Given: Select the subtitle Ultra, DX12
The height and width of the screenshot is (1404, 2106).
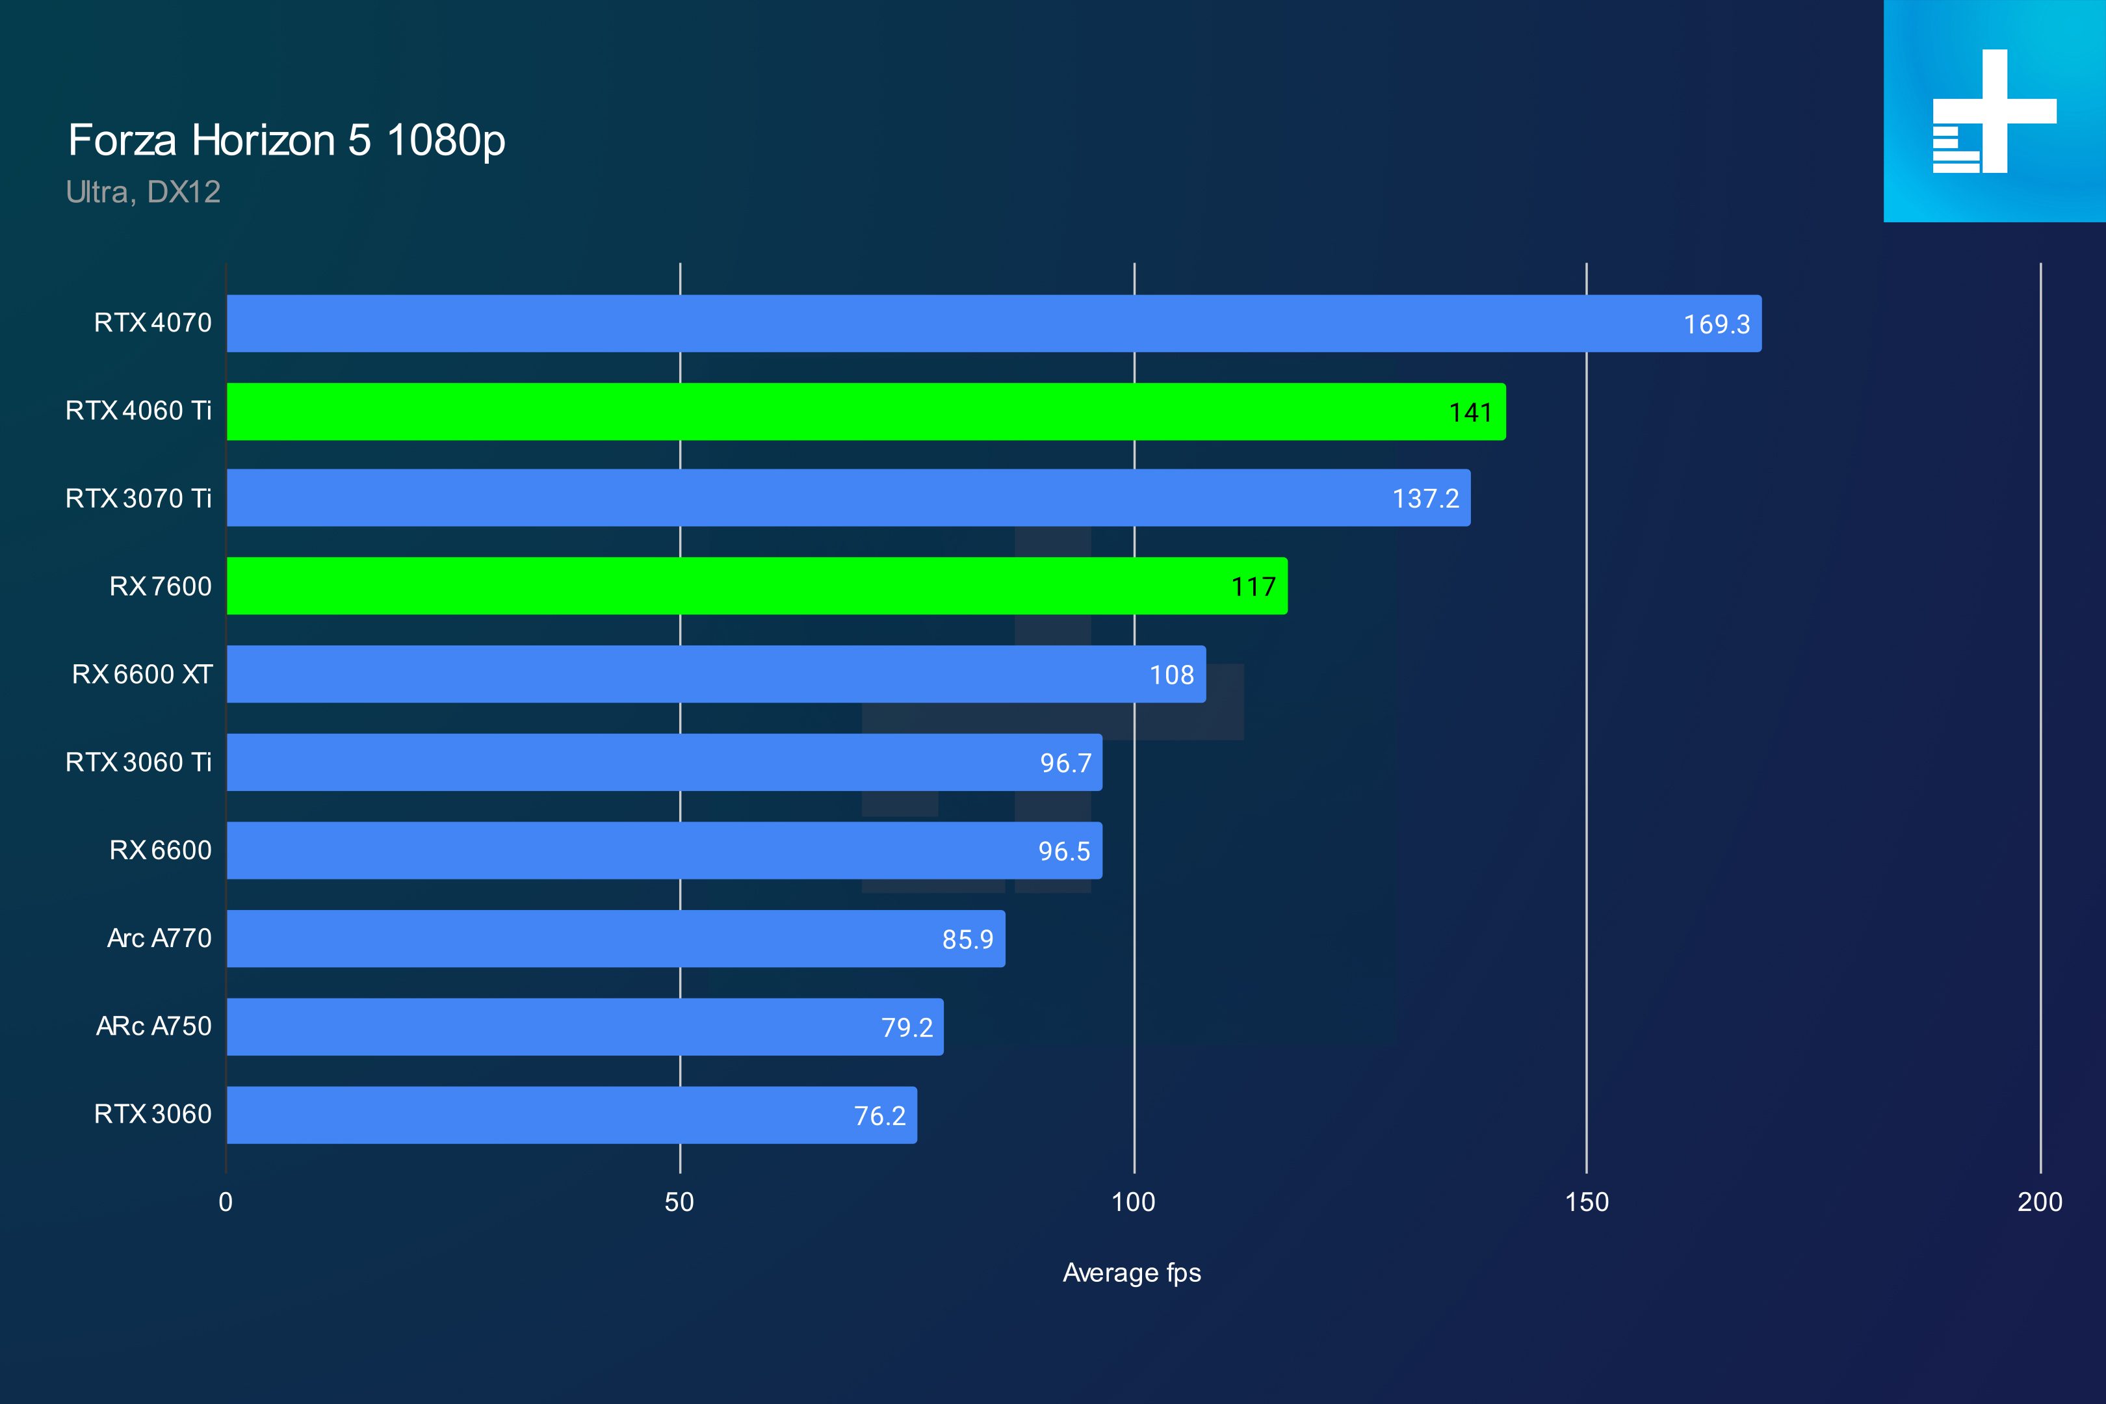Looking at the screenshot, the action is click(143, 192).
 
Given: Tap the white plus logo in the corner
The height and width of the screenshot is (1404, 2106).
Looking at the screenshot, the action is click(1994, 111).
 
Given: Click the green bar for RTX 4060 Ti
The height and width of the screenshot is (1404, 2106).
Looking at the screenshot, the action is click(866, 412).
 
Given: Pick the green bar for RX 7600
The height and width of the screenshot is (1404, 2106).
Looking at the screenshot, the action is click(757, 586).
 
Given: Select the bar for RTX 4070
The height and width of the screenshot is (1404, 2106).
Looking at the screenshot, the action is click(994, 323).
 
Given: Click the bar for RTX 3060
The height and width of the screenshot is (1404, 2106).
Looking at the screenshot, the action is click(571, 1115).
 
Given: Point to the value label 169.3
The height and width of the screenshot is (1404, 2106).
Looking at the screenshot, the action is click(1717, 324).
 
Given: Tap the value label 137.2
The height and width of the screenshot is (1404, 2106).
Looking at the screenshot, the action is click(1425, 499).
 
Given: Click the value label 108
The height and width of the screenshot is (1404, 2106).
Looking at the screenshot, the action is click(1172, 675).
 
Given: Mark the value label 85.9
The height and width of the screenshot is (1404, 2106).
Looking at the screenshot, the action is click(968, 939).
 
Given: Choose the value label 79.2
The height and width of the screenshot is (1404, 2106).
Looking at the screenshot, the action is click(907, 1027).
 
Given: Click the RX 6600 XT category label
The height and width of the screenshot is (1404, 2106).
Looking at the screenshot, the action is click(142, 674).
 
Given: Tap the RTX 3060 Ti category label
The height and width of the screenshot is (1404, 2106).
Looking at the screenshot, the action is click(139, 762).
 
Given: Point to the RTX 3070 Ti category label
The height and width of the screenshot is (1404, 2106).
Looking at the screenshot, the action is click(139, 498).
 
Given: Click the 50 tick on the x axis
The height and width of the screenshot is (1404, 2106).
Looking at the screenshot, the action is click(680, 1202).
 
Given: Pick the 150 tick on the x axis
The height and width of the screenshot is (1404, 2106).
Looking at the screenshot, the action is click(1587, 1202).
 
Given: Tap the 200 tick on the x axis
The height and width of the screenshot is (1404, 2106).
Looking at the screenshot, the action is click(2040, 1202).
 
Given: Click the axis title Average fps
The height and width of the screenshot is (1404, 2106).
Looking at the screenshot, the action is click(1132, 1273).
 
